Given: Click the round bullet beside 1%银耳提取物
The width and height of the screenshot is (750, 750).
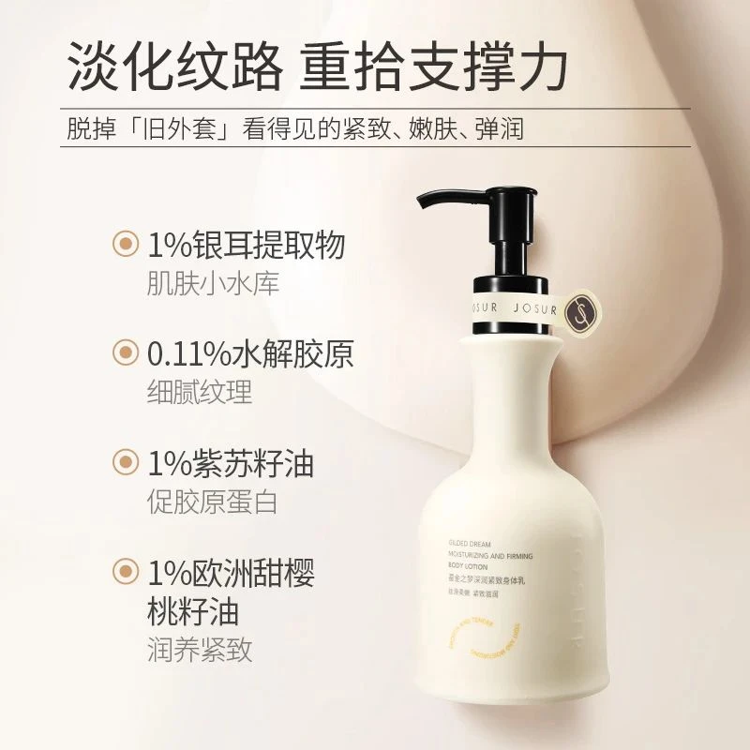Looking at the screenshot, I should click(x=124, y=245).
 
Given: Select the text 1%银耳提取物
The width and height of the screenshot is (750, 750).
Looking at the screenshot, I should click(x=246, y=245).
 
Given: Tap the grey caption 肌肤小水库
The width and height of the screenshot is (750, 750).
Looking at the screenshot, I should click(x=213, y=283).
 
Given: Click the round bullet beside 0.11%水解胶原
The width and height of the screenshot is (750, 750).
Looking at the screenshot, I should click(x=124, y=353).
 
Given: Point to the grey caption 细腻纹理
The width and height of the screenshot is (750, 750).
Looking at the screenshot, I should click(x=200, y=392).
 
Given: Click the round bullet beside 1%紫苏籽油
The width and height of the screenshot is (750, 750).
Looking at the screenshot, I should click(x=124, y=463).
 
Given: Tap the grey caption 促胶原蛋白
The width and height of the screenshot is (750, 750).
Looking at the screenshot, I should click(x=213, y=502).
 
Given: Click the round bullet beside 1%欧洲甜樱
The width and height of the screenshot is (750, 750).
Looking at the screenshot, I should click(x=124, y=571).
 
